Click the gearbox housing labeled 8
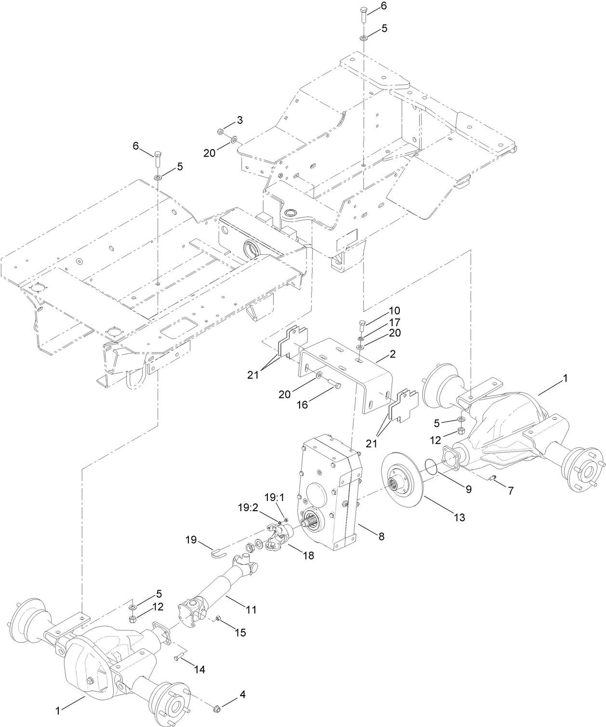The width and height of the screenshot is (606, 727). tap(328, 491)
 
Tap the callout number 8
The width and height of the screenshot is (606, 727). tap(381, 536)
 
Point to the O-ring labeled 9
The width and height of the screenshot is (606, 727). tap(432, 467)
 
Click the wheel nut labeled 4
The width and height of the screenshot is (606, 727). tap(217, 708)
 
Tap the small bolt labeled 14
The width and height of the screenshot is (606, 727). tap(177, 659)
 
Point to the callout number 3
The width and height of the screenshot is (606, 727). tap(239, 119)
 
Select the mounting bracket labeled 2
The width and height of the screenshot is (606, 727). tap(347, 371)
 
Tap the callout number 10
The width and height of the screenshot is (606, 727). tap(395, 311)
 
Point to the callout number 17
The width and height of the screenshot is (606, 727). tap(395, 322)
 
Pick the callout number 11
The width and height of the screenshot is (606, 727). tap(250, 609)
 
